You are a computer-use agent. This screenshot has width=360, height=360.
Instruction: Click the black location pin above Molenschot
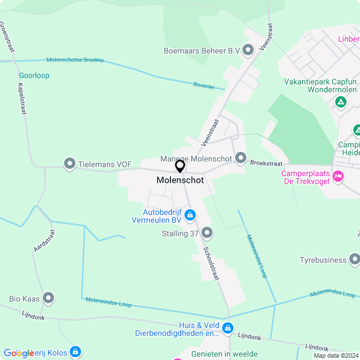pyautogui.click(x=180, y=166)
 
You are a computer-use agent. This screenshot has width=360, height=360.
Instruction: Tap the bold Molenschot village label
pyautogui.click(x=180, y=181)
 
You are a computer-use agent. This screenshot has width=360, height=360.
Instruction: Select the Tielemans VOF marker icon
pyautogui.click(x=70, y=164)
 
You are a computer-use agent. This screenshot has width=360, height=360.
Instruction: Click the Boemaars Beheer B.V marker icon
pyautogui.click(x=248, y=51)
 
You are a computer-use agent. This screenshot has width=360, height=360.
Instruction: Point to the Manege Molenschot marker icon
pyautogui.click(x=241, y=158)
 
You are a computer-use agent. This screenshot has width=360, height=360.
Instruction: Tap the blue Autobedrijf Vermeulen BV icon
pyautogui.click(x=190, y=215)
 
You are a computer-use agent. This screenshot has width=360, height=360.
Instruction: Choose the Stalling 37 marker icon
pyautogui.click(x=207, y=232)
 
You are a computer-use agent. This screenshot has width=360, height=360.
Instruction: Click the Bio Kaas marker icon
pyautogui.click(x=48, y=298)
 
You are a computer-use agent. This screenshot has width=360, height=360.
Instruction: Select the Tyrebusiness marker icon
pyautogui.click(x=354, y=259)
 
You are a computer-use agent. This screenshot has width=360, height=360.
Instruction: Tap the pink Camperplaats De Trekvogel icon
pyautogui.click(x=338, y=177)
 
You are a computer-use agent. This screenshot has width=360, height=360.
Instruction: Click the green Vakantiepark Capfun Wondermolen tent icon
pyautogui.click(x=340, y=102)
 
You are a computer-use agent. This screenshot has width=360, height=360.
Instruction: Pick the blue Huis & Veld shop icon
pyautogui.click(x=227, y=328)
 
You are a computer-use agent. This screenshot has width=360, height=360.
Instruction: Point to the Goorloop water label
pyautogui.click(x=34, y=75)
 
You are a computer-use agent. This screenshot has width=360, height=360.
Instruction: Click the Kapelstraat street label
pyautogui.click(x=22, y=98)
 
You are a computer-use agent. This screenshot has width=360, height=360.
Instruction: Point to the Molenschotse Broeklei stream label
pyautogui.click(x=75, y=60)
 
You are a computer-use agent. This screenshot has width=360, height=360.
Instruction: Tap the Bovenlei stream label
pyautogui.click(x=204, y=85)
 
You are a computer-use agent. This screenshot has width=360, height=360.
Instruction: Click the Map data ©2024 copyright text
pyautogui.click(x=336, y=355)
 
